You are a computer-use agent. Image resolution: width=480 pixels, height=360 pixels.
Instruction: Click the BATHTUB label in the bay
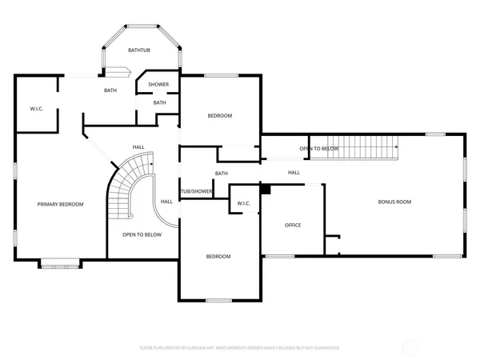[x=140, y=50]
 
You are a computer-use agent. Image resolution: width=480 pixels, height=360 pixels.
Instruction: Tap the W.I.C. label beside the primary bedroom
[x=36, y=108]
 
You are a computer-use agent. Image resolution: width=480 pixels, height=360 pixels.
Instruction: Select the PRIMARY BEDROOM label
[x=60, y=204]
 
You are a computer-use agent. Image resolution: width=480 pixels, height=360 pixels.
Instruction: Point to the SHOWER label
[x=158, y=84]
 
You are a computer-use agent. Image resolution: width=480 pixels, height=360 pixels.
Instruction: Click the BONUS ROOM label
[x=394, y=202]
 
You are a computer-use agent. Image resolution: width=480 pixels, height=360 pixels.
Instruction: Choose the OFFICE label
[x=293, y=225]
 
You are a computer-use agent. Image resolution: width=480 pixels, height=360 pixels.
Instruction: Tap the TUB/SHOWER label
[x=196, y=191]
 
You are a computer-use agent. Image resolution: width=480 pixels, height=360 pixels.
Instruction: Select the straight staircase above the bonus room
[x=354, y=148]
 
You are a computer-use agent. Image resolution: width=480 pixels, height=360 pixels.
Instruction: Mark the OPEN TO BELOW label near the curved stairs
[x=142, y=234]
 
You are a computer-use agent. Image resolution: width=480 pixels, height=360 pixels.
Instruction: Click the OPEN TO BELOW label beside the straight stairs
[x=318, y=149]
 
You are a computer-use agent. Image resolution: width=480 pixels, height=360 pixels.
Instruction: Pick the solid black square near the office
[x=266, y=190]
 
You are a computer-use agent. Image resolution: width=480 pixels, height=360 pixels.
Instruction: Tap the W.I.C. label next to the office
[x=244, y=203]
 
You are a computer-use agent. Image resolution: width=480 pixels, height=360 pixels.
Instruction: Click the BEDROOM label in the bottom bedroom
[x=218, y=256]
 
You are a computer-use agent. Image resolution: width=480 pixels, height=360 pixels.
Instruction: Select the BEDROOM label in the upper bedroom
[x=219, y=116]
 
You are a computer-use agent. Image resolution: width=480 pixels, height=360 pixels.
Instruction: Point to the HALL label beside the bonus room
[x=294, y=172]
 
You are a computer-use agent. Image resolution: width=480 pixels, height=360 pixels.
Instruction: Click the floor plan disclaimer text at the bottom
[x=240, y=348]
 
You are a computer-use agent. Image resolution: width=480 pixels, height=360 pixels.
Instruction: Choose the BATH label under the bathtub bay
[x=110, y=90]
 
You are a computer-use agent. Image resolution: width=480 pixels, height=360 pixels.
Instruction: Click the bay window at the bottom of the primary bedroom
[x=59, y=262]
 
